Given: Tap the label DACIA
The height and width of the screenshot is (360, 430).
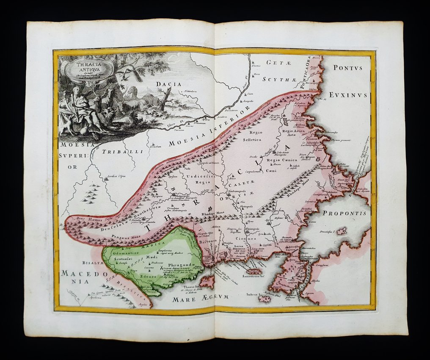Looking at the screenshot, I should coord(168,84).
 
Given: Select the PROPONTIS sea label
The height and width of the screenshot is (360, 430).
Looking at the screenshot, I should coord(344,213).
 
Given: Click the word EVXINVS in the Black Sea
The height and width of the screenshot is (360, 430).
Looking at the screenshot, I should coord(350,95).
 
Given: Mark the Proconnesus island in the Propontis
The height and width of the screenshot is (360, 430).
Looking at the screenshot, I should coord(341,231).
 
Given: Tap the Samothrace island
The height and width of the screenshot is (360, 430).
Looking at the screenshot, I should coord(254,271).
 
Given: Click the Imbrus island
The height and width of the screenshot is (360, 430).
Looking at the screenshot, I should coord(265,299).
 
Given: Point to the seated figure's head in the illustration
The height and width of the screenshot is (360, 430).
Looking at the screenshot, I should coord(76,90).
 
